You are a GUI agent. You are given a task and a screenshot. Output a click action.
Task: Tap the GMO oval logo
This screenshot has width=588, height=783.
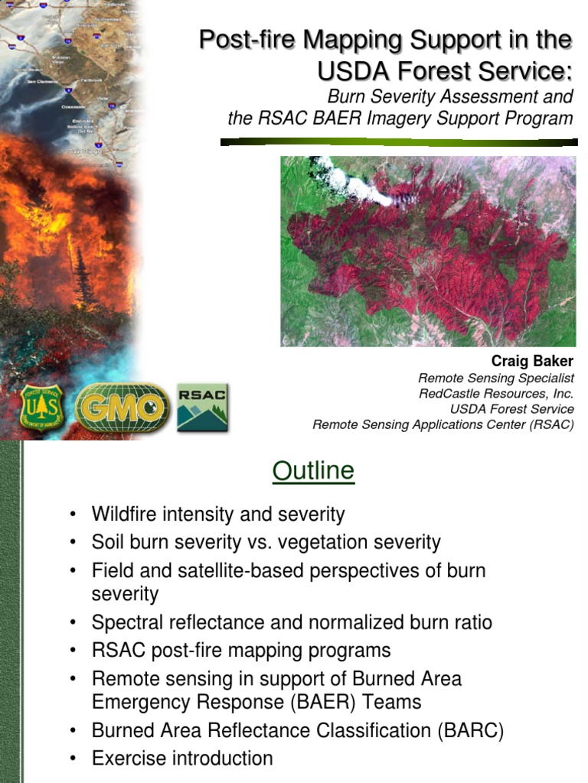pyautogui.click(x=122, y=408)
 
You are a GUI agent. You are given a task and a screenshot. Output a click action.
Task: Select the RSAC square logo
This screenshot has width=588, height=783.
pyautogui.click(x=202, y=408)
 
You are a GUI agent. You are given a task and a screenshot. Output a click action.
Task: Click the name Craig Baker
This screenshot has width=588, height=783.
pyautogui.click(x=532, y=361)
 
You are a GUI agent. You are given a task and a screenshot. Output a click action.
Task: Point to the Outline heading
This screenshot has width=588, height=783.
pyautogui.click(x=313, y=470)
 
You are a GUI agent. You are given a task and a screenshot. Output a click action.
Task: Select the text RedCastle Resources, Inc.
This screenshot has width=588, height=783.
pyautogui.click(x=495, y=394)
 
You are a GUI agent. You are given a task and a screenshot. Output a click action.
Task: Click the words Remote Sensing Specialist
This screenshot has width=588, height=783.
pyautogui.click(x=495, y=379)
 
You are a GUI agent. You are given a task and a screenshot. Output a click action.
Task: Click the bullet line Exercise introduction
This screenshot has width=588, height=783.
pyautogui.click(x=181, y=758)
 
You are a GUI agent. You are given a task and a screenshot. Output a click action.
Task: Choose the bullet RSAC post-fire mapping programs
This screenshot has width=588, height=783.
pyautogui.click(x=241, y=650)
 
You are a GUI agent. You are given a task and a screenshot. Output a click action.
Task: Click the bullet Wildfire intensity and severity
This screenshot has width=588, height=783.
pyautogui.click(x=218, y=514)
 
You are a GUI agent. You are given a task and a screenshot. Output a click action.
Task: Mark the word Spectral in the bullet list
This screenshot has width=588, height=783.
pyautogui.click(x=125, y=622)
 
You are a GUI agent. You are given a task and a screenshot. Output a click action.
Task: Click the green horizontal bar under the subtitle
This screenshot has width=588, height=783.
pyautogui.click(x=398, y=141)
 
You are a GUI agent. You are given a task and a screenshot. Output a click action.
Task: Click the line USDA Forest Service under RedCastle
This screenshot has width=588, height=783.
pyautogui.click(x=511, y=409)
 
